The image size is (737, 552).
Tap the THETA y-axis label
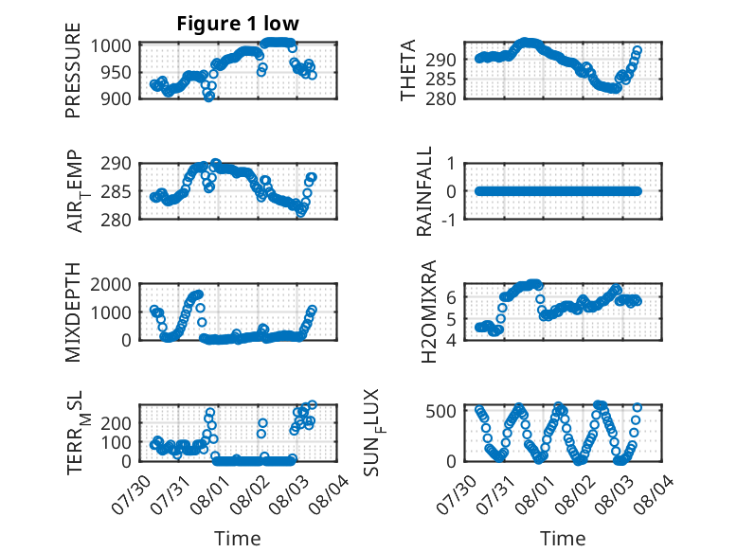[408, 72]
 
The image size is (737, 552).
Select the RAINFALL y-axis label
[426, 191]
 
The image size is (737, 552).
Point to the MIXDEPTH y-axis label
[73, 312]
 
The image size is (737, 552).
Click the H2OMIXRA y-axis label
[428, 312]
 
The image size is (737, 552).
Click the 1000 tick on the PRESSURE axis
[119, 45]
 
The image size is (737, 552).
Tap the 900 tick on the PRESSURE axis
[123, 98]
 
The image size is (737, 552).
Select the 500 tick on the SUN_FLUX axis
[448, 410]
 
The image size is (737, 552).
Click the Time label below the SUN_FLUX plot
[563, 538]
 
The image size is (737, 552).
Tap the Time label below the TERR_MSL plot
[237, 538]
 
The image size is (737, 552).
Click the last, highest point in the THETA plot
[638, 50]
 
